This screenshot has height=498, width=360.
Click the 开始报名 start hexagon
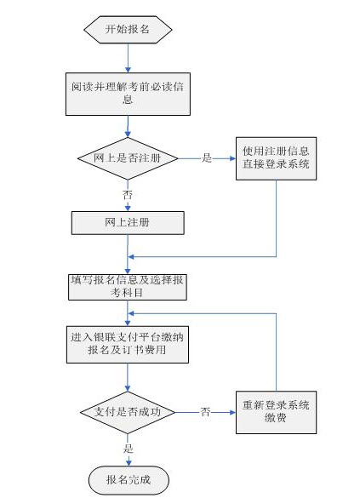[128, 29]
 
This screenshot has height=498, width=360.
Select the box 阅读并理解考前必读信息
[128, 93]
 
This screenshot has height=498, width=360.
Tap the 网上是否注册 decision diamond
[128, 157]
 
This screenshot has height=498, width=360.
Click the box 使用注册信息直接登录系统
[277, 157]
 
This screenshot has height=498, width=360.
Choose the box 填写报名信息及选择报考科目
[128, 286]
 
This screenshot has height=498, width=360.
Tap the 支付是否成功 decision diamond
[128, 412]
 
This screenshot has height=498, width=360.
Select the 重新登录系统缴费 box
[277, 412]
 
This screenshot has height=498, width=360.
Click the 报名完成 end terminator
[128, 478]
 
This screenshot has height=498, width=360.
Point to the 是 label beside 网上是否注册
[206, 157]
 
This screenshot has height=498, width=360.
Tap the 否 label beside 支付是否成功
[205, 412]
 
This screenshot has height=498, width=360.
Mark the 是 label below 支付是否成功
[129, 448]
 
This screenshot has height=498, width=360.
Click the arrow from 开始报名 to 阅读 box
[128, 56]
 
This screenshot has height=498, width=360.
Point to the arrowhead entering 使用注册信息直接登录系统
[233, 157]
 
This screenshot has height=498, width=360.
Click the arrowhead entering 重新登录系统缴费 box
[232, 412]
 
